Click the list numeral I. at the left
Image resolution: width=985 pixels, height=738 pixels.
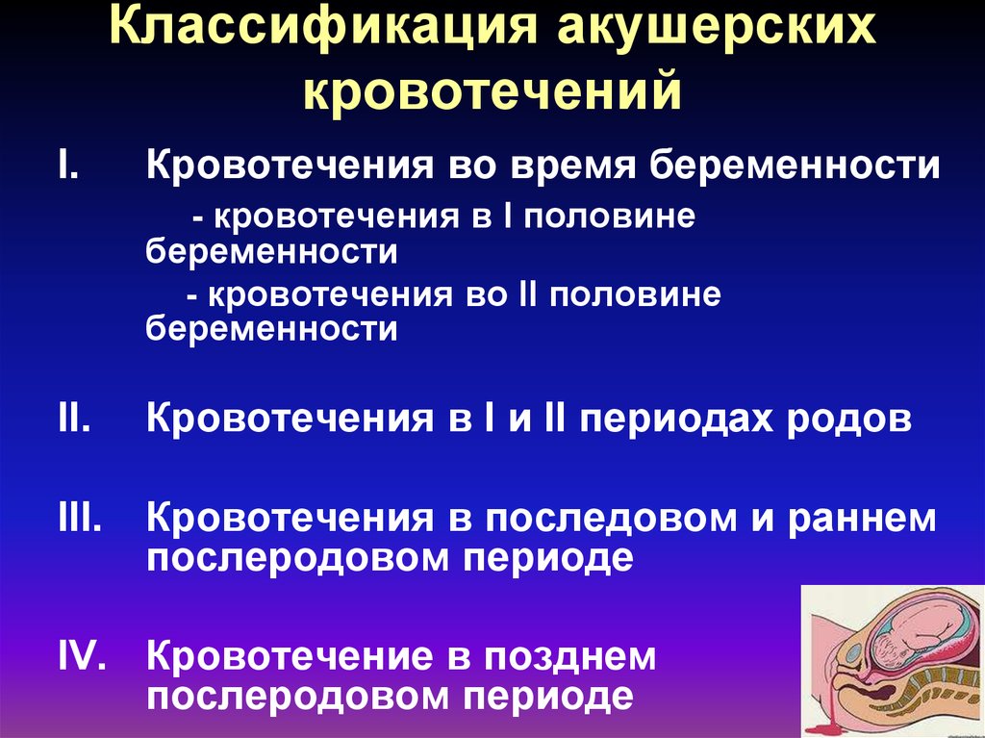68,165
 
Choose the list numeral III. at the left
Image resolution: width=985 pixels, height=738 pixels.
79,517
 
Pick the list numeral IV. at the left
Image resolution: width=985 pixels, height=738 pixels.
82,655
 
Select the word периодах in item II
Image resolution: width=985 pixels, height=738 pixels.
676,420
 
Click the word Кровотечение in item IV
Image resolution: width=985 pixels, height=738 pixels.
290,655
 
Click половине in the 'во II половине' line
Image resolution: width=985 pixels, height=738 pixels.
635,294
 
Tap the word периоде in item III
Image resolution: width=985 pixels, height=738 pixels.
547,558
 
